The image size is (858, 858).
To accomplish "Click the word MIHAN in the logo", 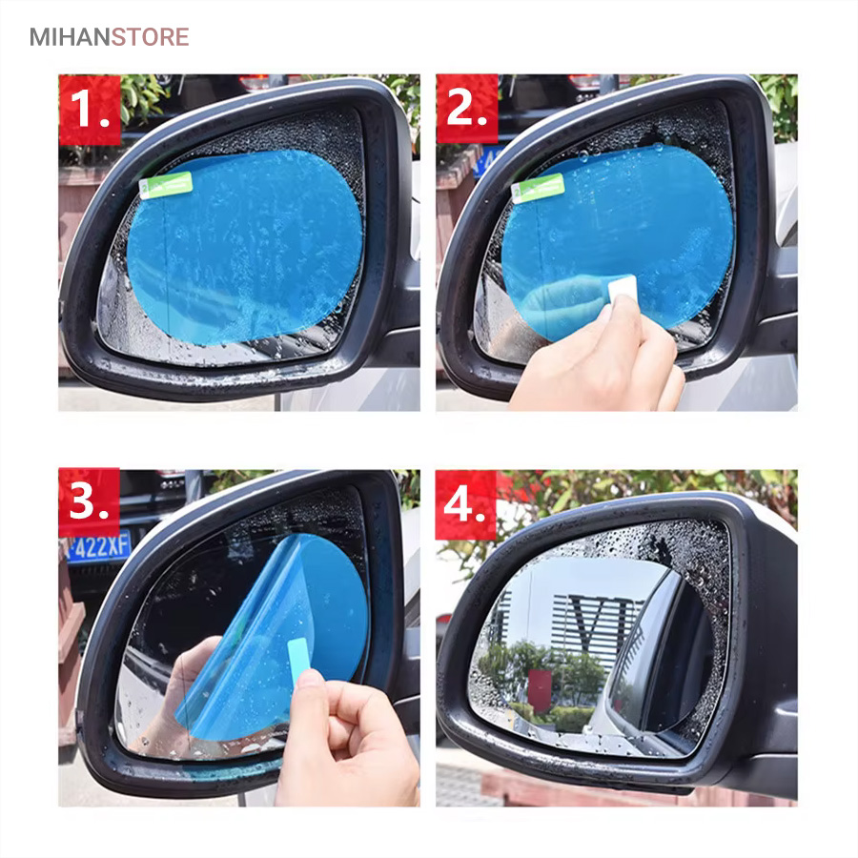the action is tap(70, 37).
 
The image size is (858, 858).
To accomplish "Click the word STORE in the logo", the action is tap(151, 37).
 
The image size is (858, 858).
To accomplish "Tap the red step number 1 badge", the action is tap(90, 110).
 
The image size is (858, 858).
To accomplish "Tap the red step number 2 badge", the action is tap(467, 109).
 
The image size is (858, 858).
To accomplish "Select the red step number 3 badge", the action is tap(90, 501).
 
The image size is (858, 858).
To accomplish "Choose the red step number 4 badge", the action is tap(465, 505).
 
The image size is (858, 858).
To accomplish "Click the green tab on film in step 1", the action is tap(166, 185).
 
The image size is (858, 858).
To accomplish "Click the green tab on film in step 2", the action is tap(538, 189).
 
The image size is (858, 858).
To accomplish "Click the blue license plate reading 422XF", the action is tap(98, 546).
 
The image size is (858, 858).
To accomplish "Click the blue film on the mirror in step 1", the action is tap(245, 247).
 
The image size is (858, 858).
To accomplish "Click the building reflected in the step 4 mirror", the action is tap(597, 629).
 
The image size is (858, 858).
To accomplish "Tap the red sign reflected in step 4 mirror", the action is tap(541, 690).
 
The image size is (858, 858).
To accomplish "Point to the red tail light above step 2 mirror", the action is tap(583, 82).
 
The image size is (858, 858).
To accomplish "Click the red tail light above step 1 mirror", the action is tap(255, 82).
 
